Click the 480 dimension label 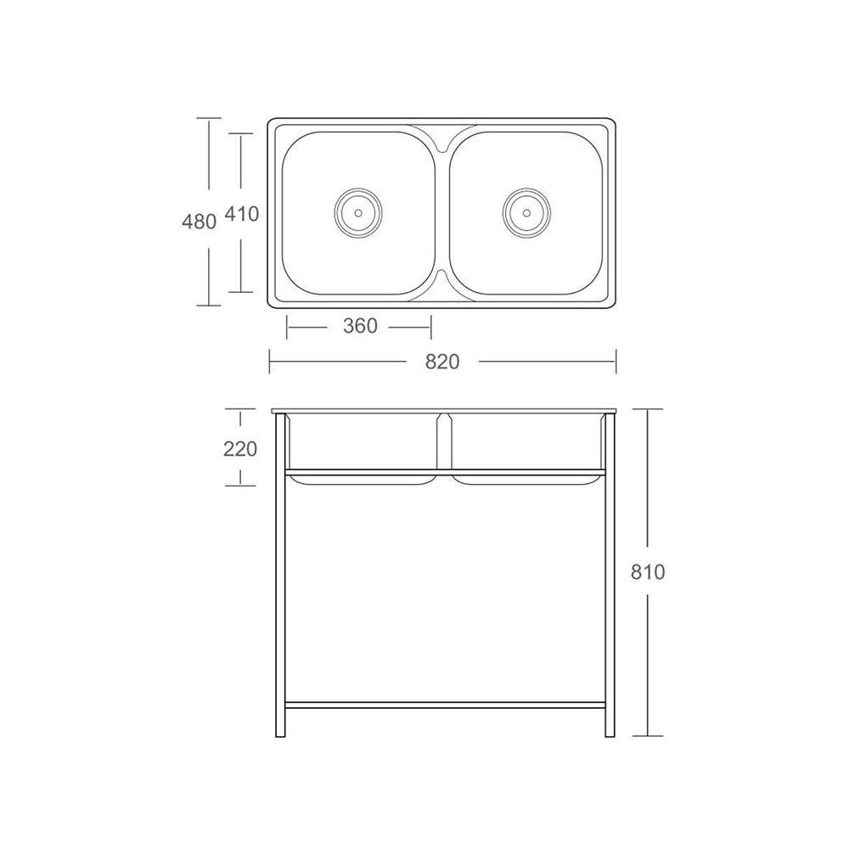tap(200, 221)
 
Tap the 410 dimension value tap(241, 214)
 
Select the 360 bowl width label tap(360, 325)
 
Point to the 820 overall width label tap(442, 361)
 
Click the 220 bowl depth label tap(240, 449)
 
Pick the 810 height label tap(648, 571)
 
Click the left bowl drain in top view tap(358, 212)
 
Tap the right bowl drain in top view tap(526, 212)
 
